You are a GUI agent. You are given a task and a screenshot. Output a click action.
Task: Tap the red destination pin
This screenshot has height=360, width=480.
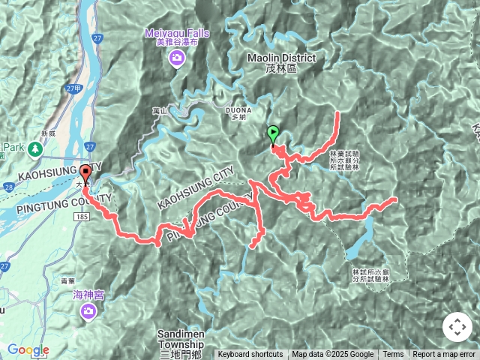(85, 173)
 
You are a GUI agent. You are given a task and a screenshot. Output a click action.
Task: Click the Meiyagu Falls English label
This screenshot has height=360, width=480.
(178, 33)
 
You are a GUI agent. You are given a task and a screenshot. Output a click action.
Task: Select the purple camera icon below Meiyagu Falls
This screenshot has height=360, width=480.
(177, 58)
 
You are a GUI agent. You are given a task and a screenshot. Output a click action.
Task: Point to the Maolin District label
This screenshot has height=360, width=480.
(281, 58)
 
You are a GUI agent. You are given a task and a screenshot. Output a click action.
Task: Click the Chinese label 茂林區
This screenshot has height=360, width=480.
(281, 69)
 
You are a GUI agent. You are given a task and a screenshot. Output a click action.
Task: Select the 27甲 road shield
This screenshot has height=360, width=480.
(72, 88)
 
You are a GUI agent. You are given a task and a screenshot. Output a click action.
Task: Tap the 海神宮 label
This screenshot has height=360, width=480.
(88, 295)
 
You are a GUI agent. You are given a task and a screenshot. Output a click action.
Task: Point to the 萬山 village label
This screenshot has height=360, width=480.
(158, 111)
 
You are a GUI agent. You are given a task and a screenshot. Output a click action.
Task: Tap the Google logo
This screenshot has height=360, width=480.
(28, 349)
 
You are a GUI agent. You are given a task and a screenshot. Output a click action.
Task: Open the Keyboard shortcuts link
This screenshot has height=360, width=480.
(250, 355)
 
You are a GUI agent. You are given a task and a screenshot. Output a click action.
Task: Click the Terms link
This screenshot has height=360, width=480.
(393, 355)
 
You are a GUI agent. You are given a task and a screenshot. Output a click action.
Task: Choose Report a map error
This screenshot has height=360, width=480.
(444, 355)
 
